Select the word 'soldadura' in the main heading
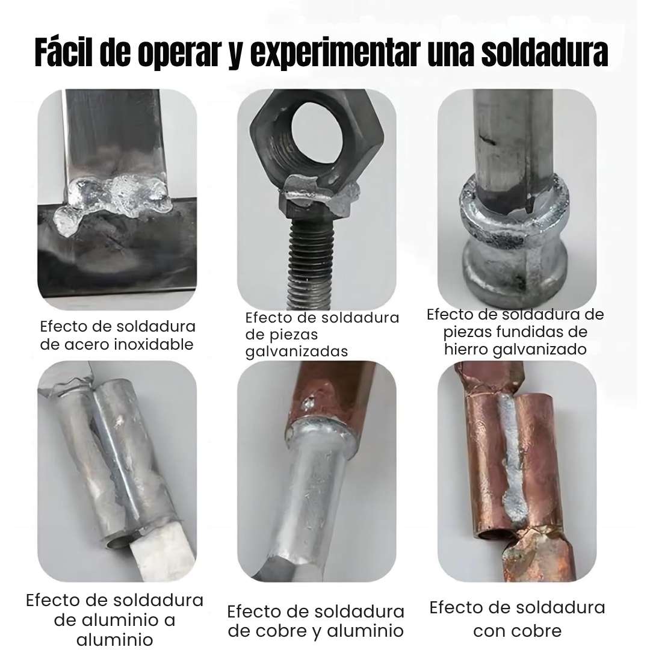tap(544, 52)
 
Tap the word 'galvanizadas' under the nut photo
tap(296, 351)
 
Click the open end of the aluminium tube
tap(120, 540)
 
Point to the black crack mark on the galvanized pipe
tap(486, 139)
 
